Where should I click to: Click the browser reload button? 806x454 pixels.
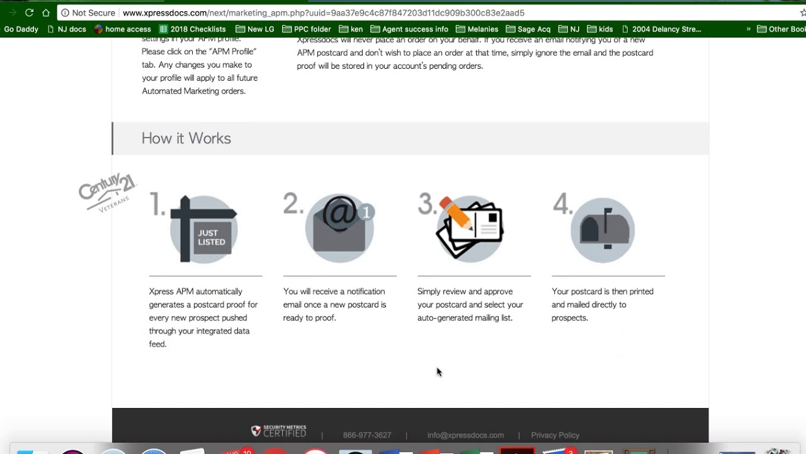coord(29,13)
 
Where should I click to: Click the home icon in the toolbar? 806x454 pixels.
coord(46,13)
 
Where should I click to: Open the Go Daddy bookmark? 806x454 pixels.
coord(21,29)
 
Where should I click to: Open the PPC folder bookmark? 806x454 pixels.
coord(307,29)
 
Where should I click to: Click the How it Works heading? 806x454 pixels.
coord(186,139)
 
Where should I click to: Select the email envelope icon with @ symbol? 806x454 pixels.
coord(340,228)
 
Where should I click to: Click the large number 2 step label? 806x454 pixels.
coord(293,204)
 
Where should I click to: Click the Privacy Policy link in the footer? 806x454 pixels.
coord(555,435)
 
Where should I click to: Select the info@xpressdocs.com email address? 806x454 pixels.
coord(465,435)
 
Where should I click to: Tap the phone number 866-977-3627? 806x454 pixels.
coord(367,435)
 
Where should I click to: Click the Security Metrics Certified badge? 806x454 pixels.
coord(279,431)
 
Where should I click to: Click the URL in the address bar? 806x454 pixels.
coord(324,13)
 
